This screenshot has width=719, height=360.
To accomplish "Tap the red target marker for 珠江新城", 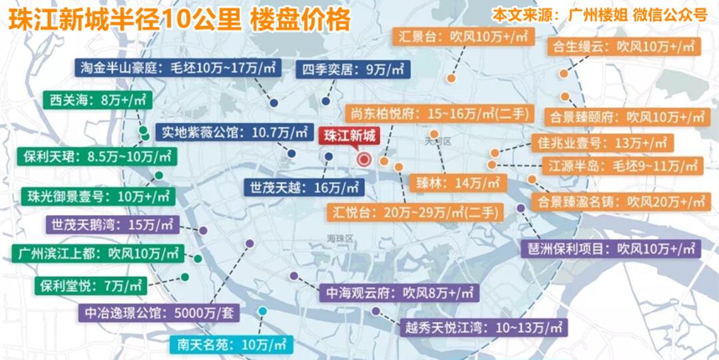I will click(364, 159).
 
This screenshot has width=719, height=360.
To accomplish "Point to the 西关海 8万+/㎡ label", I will click(98, 102).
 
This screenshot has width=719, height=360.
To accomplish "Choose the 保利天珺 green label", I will click(97, 158).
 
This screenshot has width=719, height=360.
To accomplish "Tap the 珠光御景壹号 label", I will click(97, 196).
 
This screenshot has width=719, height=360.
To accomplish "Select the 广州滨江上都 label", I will click(97, 254).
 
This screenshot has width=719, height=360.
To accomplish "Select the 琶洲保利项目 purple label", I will click(610, 250).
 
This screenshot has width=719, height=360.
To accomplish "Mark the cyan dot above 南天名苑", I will click(264, 311).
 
